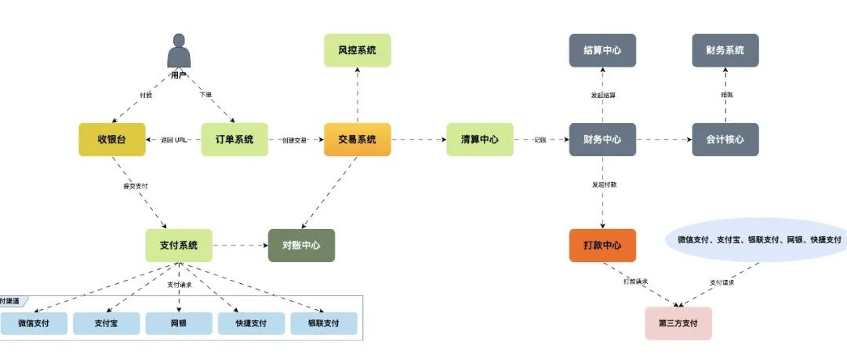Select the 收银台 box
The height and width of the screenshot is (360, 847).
click(x=112, y=140)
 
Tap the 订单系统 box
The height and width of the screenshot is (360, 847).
click(x=234, y=140)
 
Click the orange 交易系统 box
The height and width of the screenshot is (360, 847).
click(x=357, y=140)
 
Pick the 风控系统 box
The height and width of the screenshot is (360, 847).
click(x=357, y=50)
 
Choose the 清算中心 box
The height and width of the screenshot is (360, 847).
click(x=480, y=140)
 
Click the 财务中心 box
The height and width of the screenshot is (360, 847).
click(x=602, y=140)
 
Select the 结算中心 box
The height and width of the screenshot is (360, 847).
click(x=602, y=50)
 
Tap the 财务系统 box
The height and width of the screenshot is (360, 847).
click(x=725, y=50)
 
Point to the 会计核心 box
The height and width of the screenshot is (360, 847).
click(x=725, y=140)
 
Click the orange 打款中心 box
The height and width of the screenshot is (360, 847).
click(x=602, y=245)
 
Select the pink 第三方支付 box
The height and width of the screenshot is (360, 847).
click(x=678, y=323)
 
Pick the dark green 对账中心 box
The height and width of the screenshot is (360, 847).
click(x=301, y=245)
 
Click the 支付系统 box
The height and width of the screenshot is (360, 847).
click(x=179, y=245)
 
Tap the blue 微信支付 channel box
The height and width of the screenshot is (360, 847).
click(x=34, y=323)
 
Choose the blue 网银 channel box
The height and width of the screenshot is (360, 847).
click(x=179, y=323)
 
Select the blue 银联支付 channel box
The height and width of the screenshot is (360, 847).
click(x=323, y=323)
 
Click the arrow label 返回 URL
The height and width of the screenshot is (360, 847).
click(x=173, y=140)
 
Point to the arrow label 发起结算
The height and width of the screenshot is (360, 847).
click(x=602, y=96)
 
